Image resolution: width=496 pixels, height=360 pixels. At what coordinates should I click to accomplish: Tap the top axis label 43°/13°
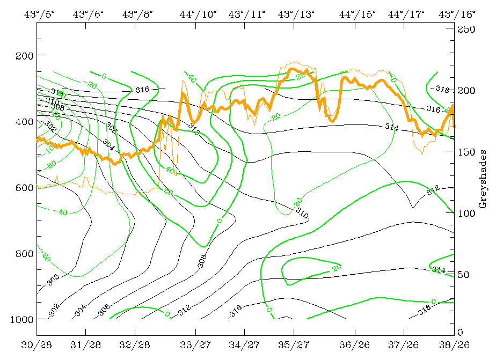[296, 14]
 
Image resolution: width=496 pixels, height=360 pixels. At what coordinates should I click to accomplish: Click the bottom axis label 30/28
[37, 343]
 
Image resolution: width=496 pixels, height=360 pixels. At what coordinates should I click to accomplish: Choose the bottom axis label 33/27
[195, 343]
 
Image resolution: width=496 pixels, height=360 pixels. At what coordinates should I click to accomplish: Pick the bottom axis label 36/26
[353, 343]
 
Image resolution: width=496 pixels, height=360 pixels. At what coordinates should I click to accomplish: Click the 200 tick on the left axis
[23, 56]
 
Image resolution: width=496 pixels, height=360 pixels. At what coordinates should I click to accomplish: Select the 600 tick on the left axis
[23, 188]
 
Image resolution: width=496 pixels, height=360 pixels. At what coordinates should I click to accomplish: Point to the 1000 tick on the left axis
[21, 319]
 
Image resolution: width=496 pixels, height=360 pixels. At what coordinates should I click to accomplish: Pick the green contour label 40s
[171, 171]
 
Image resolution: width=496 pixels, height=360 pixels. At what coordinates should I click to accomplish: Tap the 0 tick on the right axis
[459, 332]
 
